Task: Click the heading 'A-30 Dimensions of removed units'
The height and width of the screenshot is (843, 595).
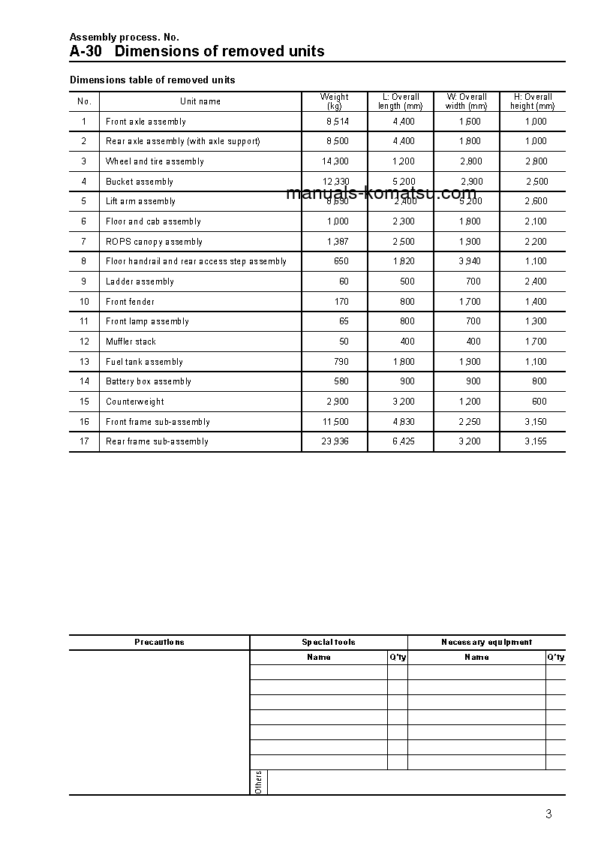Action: [197, 51]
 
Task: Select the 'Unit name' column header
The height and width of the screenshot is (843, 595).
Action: [200, 101]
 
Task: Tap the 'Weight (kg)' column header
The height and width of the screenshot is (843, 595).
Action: [334, 101]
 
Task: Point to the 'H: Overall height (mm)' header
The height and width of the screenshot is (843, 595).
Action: [533, 101]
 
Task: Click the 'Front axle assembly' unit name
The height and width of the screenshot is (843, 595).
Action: [146, 122]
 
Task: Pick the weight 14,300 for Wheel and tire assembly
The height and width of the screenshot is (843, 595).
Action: [335, 161]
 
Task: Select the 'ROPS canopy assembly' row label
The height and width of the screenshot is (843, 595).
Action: [154, 242]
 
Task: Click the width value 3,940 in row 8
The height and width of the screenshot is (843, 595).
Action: [470, 261]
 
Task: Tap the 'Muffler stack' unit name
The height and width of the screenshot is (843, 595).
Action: [131, 342]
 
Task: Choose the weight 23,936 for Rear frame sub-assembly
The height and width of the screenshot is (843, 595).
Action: [335, 441]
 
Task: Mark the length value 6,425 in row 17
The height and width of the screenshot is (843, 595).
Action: [403, 441]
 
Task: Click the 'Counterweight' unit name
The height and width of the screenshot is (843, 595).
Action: [134, 402]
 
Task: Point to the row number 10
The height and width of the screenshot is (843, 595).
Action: [84, 302]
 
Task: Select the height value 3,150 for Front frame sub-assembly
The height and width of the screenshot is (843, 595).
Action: [536, 422]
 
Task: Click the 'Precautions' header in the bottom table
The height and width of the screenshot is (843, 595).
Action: [159, 643]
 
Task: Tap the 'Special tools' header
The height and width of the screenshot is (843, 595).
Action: [329, 643]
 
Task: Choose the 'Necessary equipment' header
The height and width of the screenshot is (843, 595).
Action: [486, 643]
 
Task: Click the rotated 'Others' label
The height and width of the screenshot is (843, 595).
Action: [258, 782]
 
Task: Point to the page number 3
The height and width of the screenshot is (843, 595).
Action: [548, 814]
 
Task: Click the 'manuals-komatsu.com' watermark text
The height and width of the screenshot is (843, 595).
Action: [381, 193]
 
